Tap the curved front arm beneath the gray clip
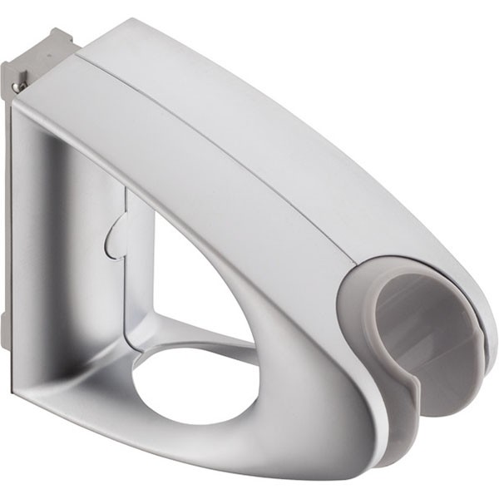point(333,416)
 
